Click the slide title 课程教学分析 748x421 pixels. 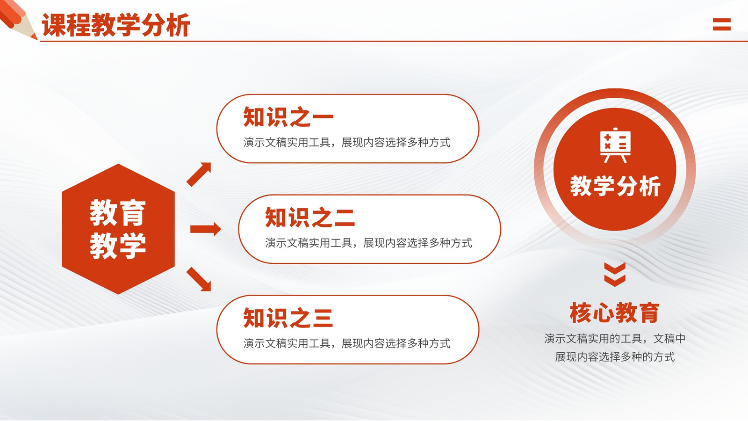point(116,25)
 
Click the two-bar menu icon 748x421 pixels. point(722,24)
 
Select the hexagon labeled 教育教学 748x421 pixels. point(118,229)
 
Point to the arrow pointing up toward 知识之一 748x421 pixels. point(199,174)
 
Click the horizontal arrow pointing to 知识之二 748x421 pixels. point(205,229)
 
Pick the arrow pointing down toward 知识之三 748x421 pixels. point(199,279)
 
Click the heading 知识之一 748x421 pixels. point(288,117)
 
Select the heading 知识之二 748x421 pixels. point(310,217)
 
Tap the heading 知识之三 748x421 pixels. point(288,318)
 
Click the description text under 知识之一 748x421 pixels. point(346,142)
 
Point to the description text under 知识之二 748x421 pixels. point(368,243)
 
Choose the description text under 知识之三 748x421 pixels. point(346,343)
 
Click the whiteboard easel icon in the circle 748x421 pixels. point(615,145)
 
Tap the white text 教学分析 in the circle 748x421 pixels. point(615,186)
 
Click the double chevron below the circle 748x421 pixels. point(615,275)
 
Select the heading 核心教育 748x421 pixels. point(615,313)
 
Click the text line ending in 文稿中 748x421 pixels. point(615,339)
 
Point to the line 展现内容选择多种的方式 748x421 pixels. point(615,357)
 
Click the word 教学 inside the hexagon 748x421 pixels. point(118,246)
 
